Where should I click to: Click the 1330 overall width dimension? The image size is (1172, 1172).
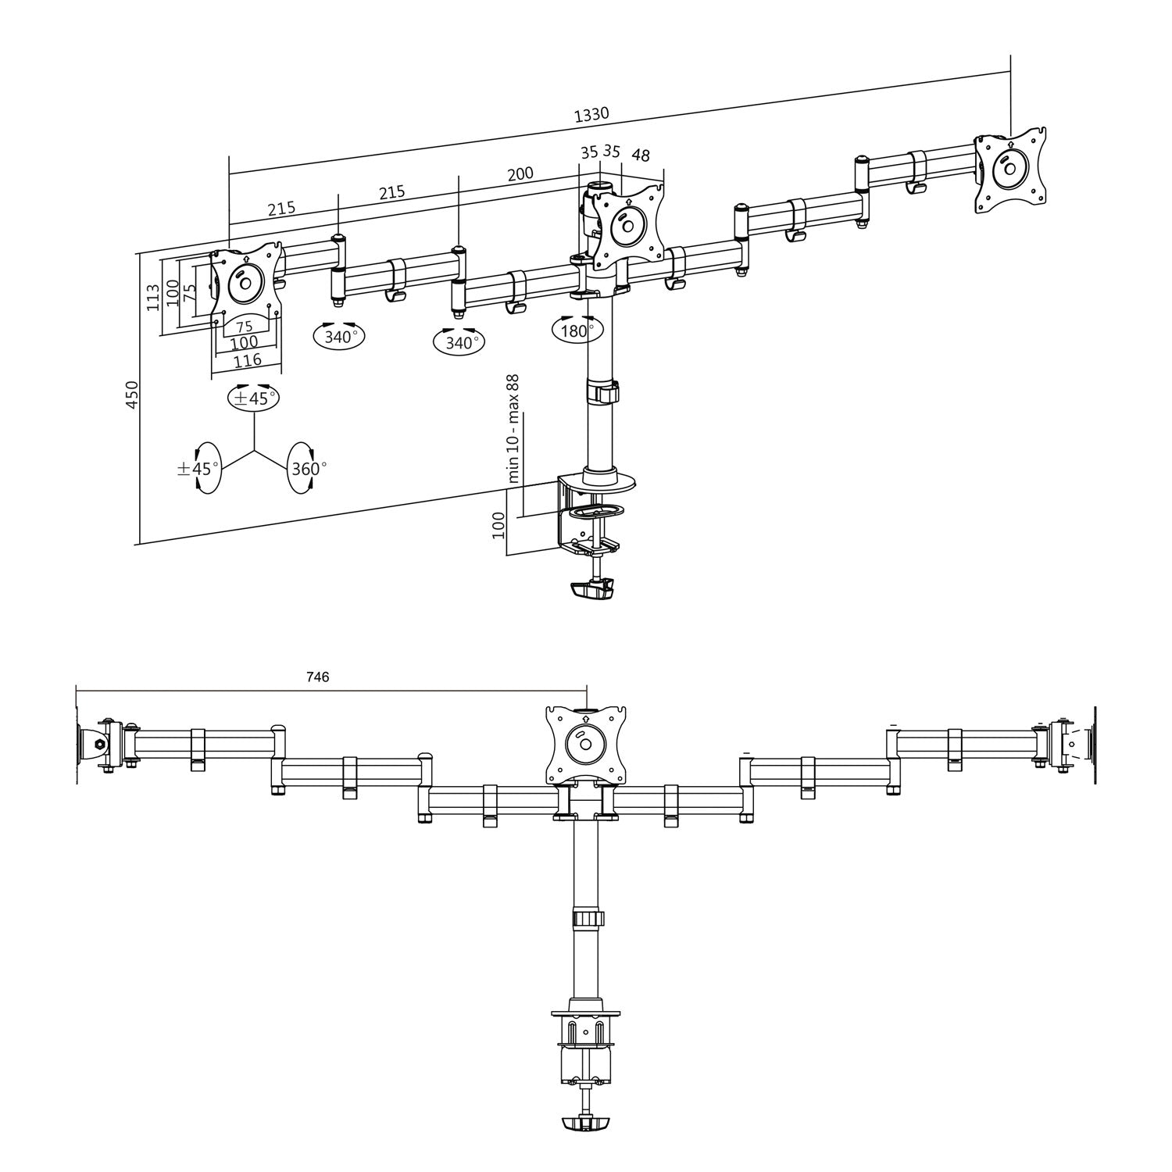[591, 115]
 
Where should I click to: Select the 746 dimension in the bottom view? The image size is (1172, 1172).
[317, 677]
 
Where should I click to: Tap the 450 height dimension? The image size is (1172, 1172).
[132, 395]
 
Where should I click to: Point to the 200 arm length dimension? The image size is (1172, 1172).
[520, 173]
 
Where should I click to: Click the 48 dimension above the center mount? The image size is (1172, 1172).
[641, 156]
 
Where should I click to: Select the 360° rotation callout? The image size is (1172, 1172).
[306, 468]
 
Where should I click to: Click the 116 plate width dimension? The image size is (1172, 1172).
[247, 360]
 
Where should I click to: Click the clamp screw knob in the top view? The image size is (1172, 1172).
[593, 590]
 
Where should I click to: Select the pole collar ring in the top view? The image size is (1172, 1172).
[602, 392]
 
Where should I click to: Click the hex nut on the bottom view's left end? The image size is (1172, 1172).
[98, 745]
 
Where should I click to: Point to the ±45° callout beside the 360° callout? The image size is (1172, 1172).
[198, 468]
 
